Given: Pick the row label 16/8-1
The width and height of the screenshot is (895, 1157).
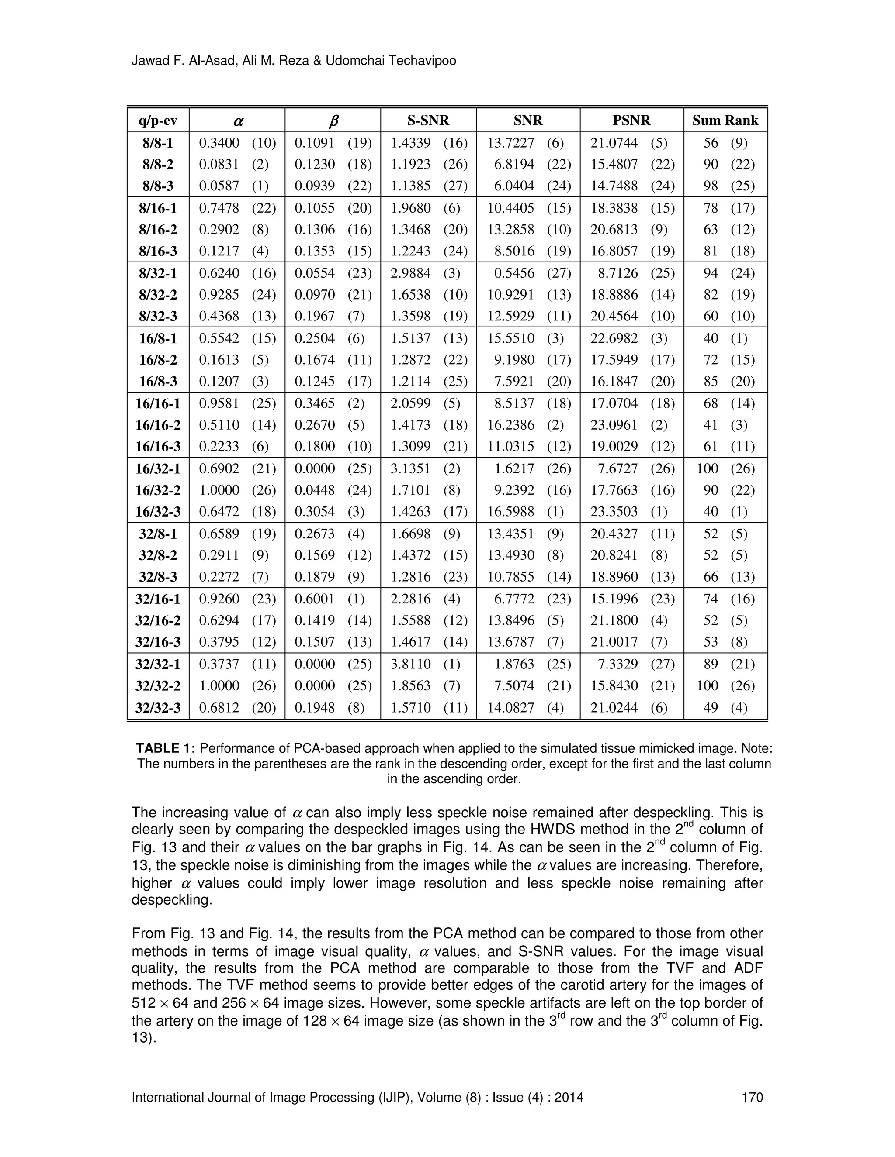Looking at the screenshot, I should pyautogui.click(x=158, y=338).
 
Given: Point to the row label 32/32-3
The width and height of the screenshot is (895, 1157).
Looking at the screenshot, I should pyautogui.click(x=158, y=708).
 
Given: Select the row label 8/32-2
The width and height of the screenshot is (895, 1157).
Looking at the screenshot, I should pyautogui.click(x=158, y=295).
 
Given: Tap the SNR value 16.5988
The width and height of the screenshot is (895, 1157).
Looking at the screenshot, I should pyautogui.click(x=510, y=512).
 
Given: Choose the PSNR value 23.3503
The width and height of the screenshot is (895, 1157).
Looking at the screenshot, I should pyautogui.click(x=614, y=512).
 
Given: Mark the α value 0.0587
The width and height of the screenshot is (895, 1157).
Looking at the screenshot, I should pyautogui.click(x=219, y=186).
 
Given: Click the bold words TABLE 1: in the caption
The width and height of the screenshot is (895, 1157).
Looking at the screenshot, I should pyautogui.click(x=166, y=748).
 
